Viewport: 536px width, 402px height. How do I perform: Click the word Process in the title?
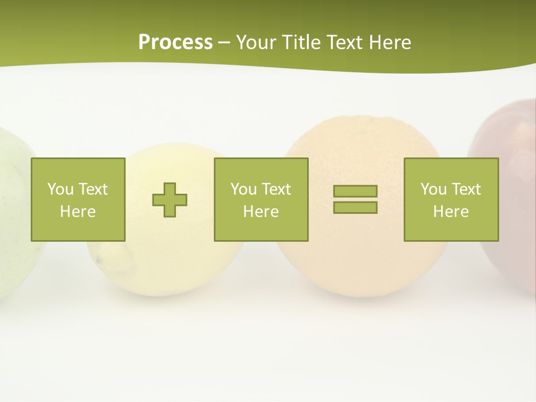[x=175, y=42]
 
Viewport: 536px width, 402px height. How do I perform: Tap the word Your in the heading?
[x=256, y=42]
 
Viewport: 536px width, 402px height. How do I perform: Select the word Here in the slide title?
[x=390, y=42]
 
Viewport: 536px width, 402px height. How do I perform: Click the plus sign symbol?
[x=170, y=199]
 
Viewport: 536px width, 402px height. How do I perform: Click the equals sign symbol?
[x=355, y=199]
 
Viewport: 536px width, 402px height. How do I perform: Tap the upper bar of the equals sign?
[x=355, y=191]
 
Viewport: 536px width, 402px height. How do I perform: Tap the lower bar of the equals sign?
[x=355, y=207]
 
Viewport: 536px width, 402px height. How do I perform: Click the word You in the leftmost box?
[x=59, y=189]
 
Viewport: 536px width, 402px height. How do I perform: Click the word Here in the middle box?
[x=261, y=212]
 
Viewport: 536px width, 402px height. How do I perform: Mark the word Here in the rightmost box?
[x=451, y=212]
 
